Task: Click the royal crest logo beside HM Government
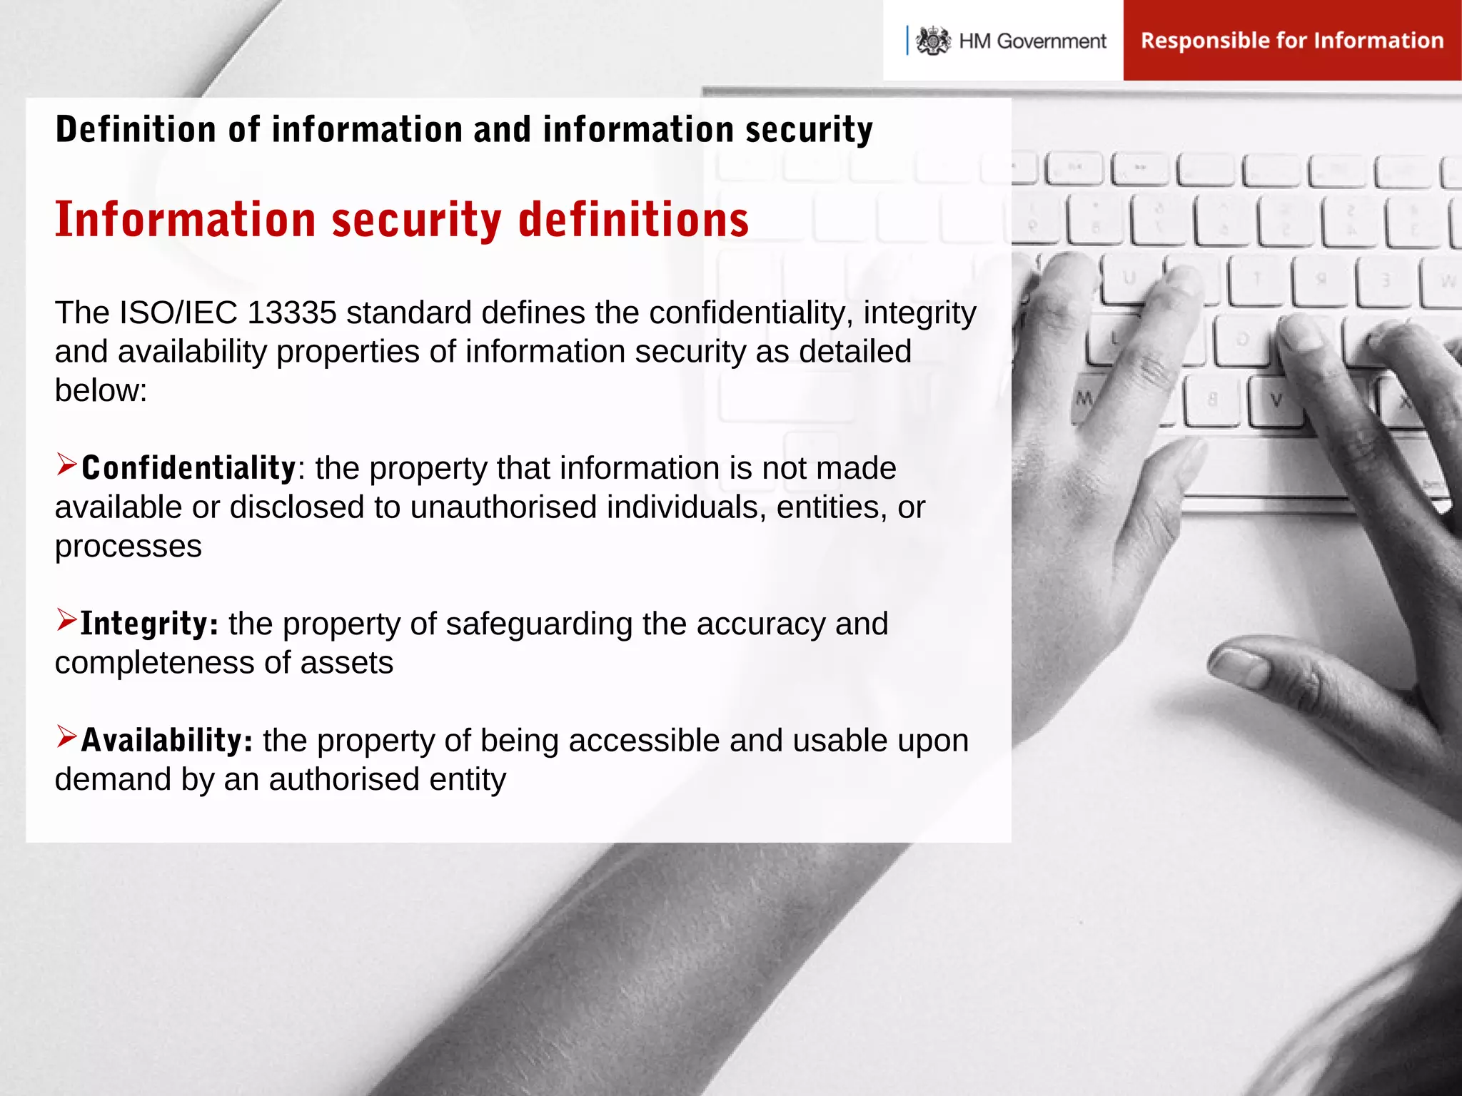click(x=933, y=41)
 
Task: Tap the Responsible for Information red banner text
click(x=1291, y=41)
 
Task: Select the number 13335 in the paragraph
click(x=292, y=313)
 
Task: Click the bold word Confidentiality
click(x=188, y=469)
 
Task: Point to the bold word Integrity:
click(x=149, y=624)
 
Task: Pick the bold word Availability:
click(x=166, y=741)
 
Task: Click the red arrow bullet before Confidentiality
click(x=66, y=465)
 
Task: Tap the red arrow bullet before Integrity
click(x=66, y=620)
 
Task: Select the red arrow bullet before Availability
click(x=66, y=736)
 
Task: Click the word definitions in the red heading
click(x=633, y=219)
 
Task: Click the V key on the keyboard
click(x=1276, y=401)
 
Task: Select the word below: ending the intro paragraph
click(x=101, y=391)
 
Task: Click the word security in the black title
click(x=809, y=131)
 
